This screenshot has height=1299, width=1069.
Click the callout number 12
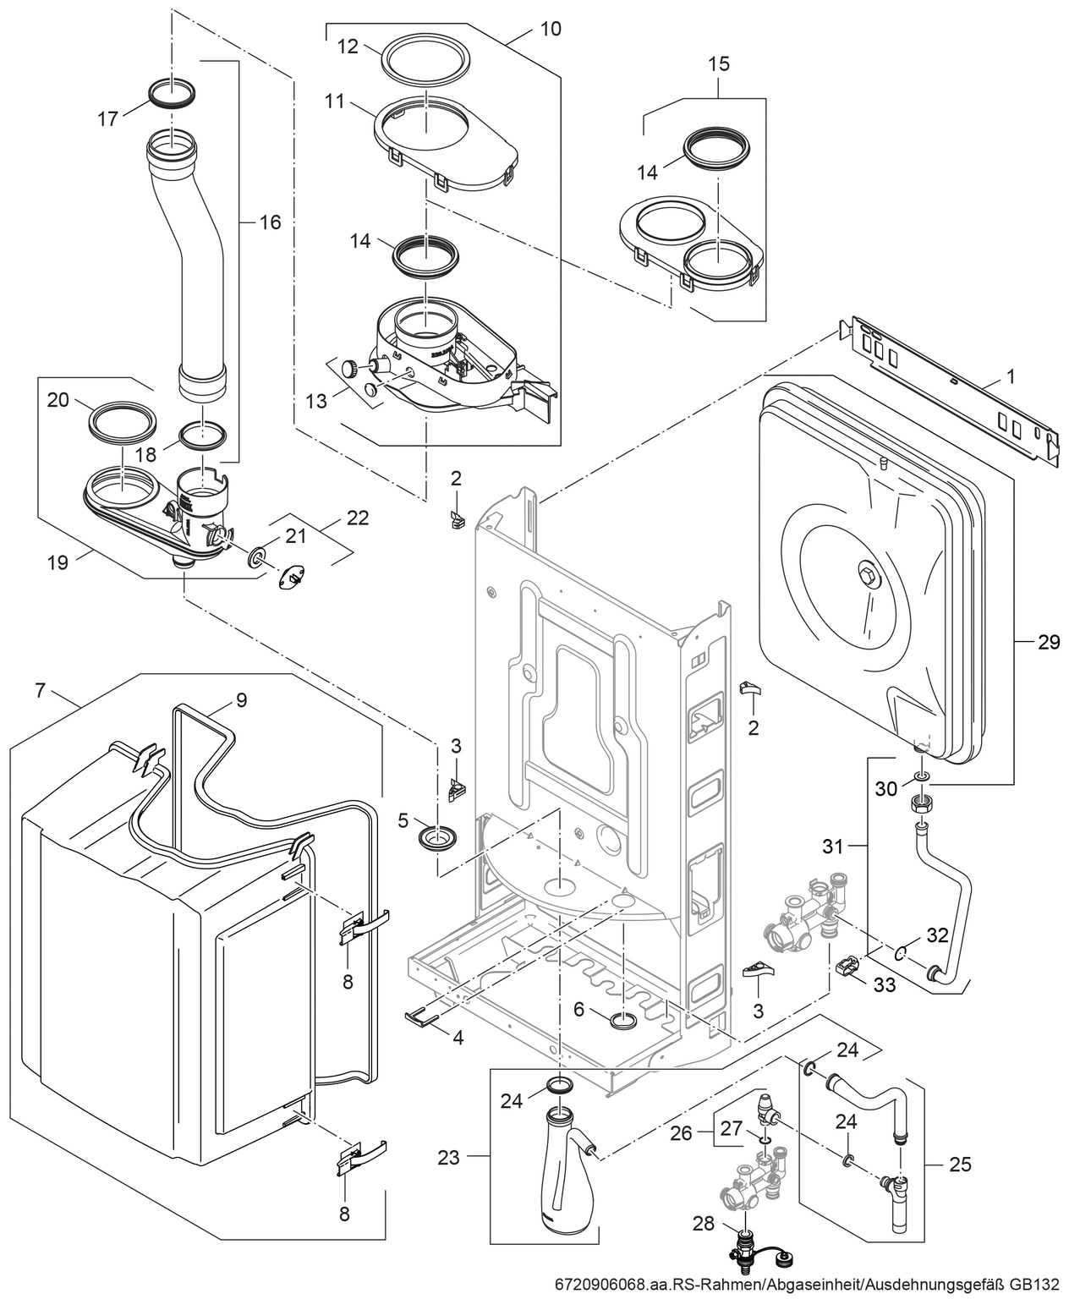348,47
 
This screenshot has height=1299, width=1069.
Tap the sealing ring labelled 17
172,91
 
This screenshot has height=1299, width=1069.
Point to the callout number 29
1048,643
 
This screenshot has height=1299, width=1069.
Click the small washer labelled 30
922,776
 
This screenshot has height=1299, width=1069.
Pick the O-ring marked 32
902,953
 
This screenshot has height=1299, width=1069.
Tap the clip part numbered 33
847,967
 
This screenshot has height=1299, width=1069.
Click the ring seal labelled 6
623,1019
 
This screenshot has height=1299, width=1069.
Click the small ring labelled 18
203,437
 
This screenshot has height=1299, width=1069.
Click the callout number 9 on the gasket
241,699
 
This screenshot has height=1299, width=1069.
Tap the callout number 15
718,63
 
